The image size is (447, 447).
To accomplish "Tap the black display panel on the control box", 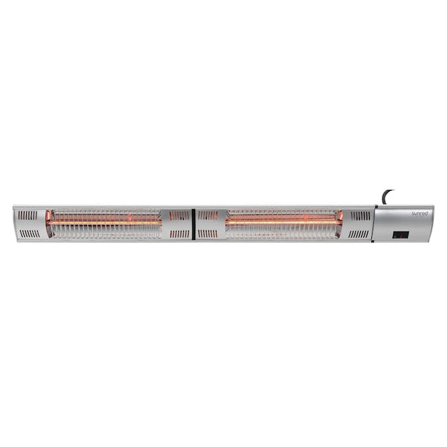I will pyautogui.click(x=401, y=234).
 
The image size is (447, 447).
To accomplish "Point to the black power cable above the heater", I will pyautogui.click(x=387, y=197).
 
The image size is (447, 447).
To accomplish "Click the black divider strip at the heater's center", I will pyautogui.click(x=193, y=224).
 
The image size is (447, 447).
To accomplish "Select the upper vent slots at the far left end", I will pyautogui.click(x=28, y=215).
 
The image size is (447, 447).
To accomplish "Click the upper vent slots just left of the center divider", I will pyautogui.click(x=179, y=215).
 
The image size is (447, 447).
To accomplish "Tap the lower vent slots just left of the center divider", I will pyautogui.click(x=179, y=234).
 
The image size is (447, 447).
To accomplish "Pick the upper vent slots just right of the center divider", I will pyautogui.click(x=207, y=215).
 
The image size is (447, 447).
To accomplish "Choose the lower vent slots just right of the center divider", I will pyautogui.click(x=207, y=234).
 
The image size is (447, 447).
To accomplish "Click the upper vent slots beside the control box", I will pyautogui.click(x=359, y=215).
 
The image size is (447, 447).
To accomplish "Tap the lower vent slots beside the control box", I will pyautogui.click(x=359, y=234).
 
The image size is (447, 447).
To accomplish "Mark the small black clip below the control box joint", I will pyautogui.click(x=373, y=242).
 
